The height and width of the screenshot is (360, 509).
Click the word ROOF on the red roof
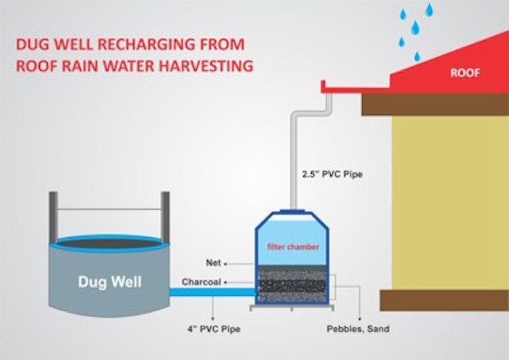coord(465,73)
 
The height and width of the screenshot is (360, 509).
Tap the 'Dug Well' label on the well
coord(110,281)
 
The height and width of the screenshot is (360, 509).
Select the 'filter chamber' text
coord(293,247)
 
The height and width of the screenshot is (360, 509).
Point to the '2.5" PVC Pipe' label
coord(332,175)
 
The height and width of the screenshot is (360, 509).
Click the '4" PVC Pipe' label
coord(214,329)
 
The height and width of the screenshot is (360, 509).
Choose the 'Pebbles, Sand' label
coord(358,329)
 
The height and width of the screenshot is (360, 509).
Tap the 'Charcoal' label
coord(201,281)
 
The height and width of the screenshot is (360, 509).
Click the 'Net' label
coord(213,263)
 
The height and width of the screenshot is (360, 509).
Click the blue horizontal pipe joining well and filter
coord(212,292)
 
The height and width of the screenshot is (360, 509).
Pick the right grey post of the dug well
coord(165,217)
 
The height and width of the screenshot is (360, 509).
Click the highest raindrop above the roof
coord(429,9)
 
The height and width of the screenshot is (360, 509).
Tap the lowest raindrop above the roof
coord(417,57)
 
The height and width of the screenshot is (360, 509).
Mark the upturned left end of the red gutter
coord(323,86)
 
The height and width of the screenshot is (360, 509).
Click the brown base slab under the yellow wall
coord(444,300)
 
